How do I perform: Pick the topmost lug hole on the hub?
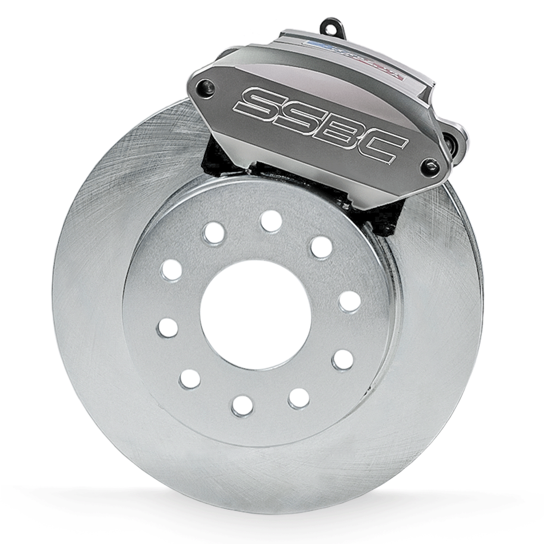click(271, 221)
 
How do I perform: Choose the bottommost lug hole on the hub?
click(242, 405)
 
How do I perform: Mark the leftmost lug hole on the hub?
click(168, 327)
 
